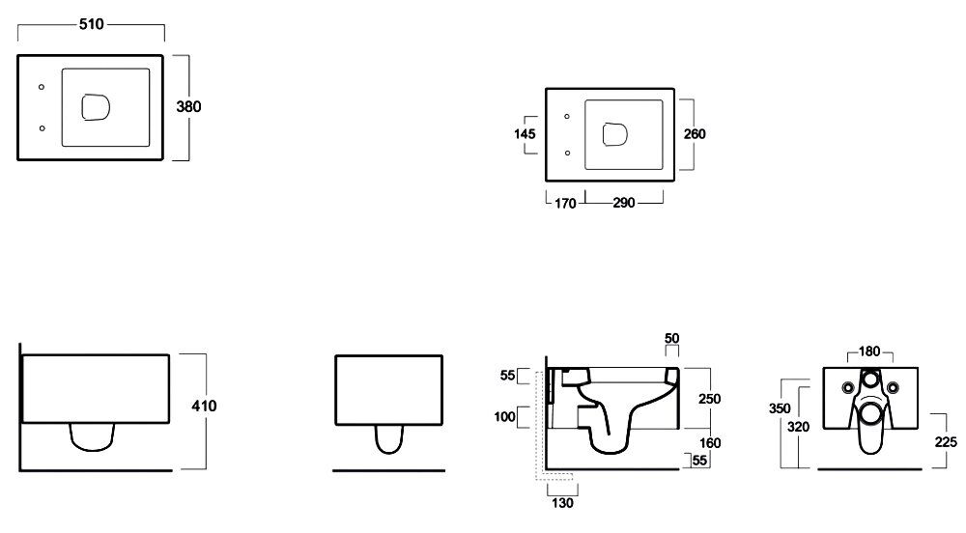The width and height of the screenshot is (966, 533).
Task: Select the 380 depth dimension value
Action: [x=188, y=107]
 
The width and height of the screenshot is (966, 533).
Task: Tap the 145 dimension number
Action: [x=525, y=134]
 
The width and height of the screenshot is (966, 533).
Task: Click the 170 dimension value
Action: [x=564, y=203]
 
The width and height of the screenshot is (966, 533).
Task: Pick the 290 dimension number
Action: [x=624, y=203]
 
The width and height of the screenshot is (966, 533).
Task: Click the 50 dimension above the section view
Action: [x=671, y=339]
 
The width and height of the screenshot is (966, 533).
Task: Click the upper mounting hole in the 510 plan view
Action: [x=42, y=88]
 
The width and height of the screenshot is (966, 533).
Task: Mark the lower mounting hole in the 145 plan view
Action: [x=566, y=153]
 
